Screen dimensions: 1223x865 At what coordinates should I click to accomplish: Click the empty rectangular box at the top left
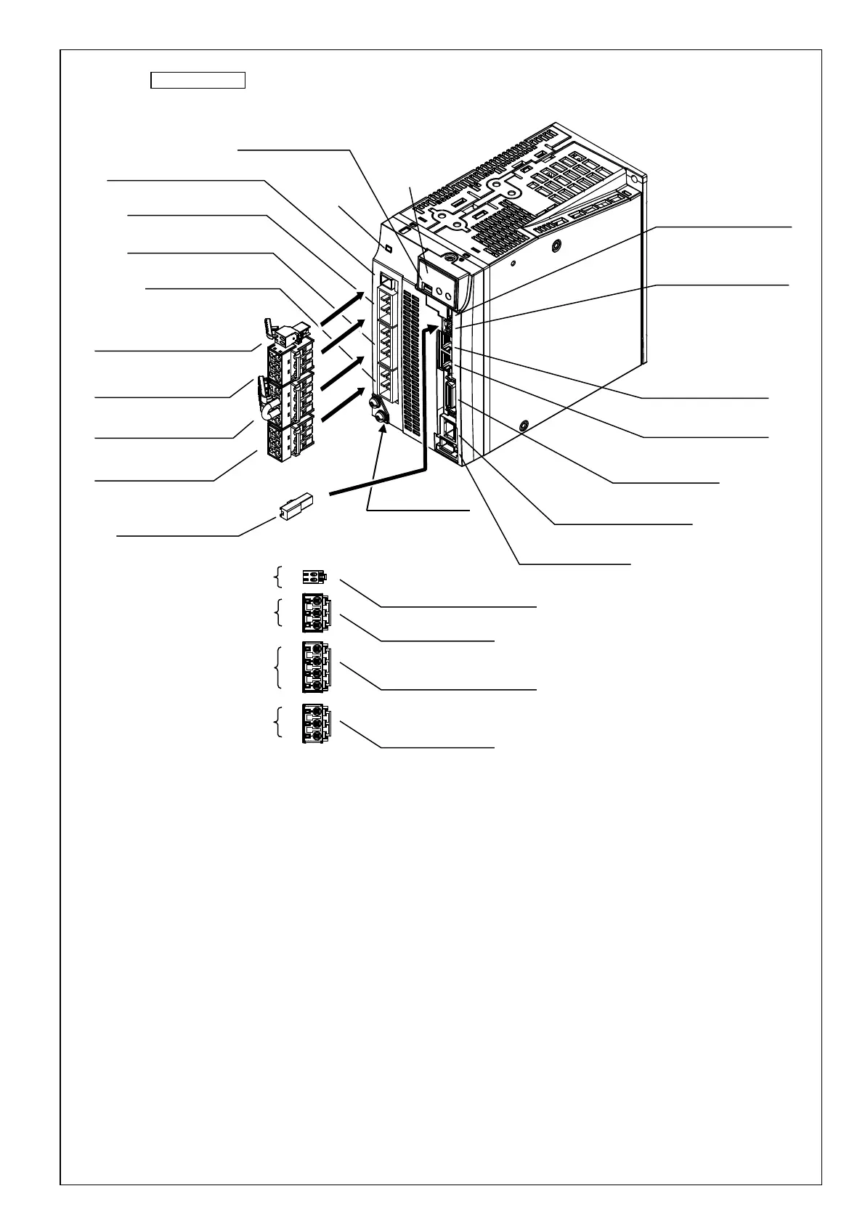(x=198, y=80)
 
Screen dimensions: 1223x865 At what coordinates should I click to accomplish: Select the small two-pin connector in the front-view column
(x=314, y=577)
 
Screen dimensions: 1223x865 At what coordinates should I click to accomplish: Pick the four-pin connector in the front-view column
(x=315, y=667)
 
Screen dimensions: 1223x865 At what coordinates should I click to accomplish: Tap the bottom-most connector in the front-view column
(x=315, y=724)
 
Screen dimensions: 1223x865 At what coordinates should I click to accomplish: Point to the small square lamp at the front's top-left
(x=388, y=250)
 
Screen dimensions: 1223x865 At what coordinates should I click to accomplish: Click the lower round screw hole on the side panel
(x=523, y=423)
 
